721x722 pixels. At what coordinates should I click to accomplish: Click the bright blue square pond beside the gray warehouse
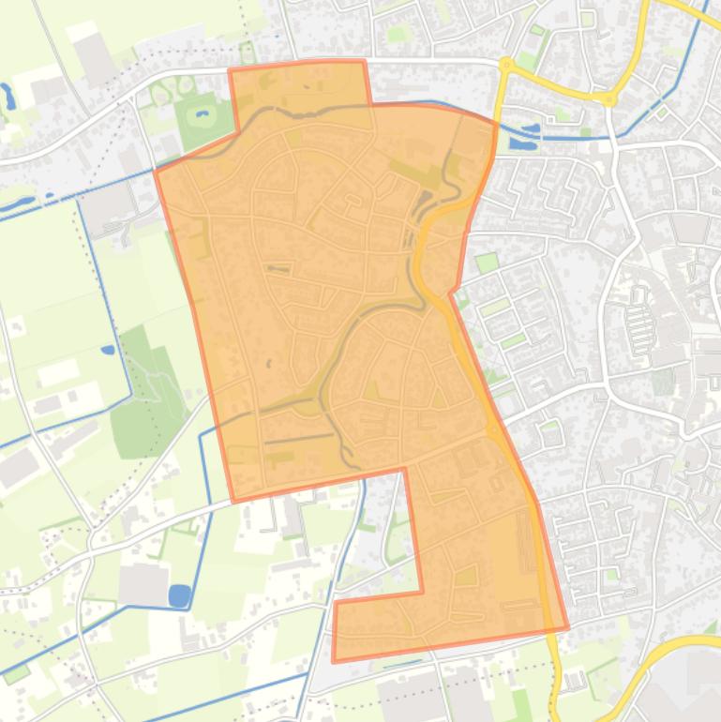(179, 595)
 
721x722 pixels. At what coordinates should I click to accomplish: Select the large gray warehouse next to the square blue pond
(143, 584)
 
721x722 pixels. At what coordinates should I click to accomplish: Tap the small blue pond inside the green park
(201, 117)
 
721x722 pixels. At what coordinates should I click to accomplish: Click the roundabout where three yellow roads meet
(610, 98)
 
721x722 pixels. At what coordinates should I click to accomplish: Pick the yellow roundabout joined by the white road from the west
(506, 65)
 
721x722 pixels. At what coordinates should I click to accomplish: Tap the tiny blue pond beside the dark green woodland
(109, 350)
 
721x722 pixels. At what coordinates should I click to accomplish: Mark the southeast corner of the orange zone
(567, 627)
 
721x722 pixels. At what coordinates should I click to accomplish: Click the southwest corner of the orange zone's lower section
(334, 661)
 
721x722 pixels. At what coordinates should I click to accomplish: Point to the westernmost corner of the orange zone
(156, 171)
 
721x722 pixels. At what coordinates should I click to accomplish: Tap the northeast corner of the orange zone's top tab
(364, 62)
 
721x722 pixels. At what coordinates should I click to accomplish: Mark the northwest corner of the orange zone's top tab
(231, 69)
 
